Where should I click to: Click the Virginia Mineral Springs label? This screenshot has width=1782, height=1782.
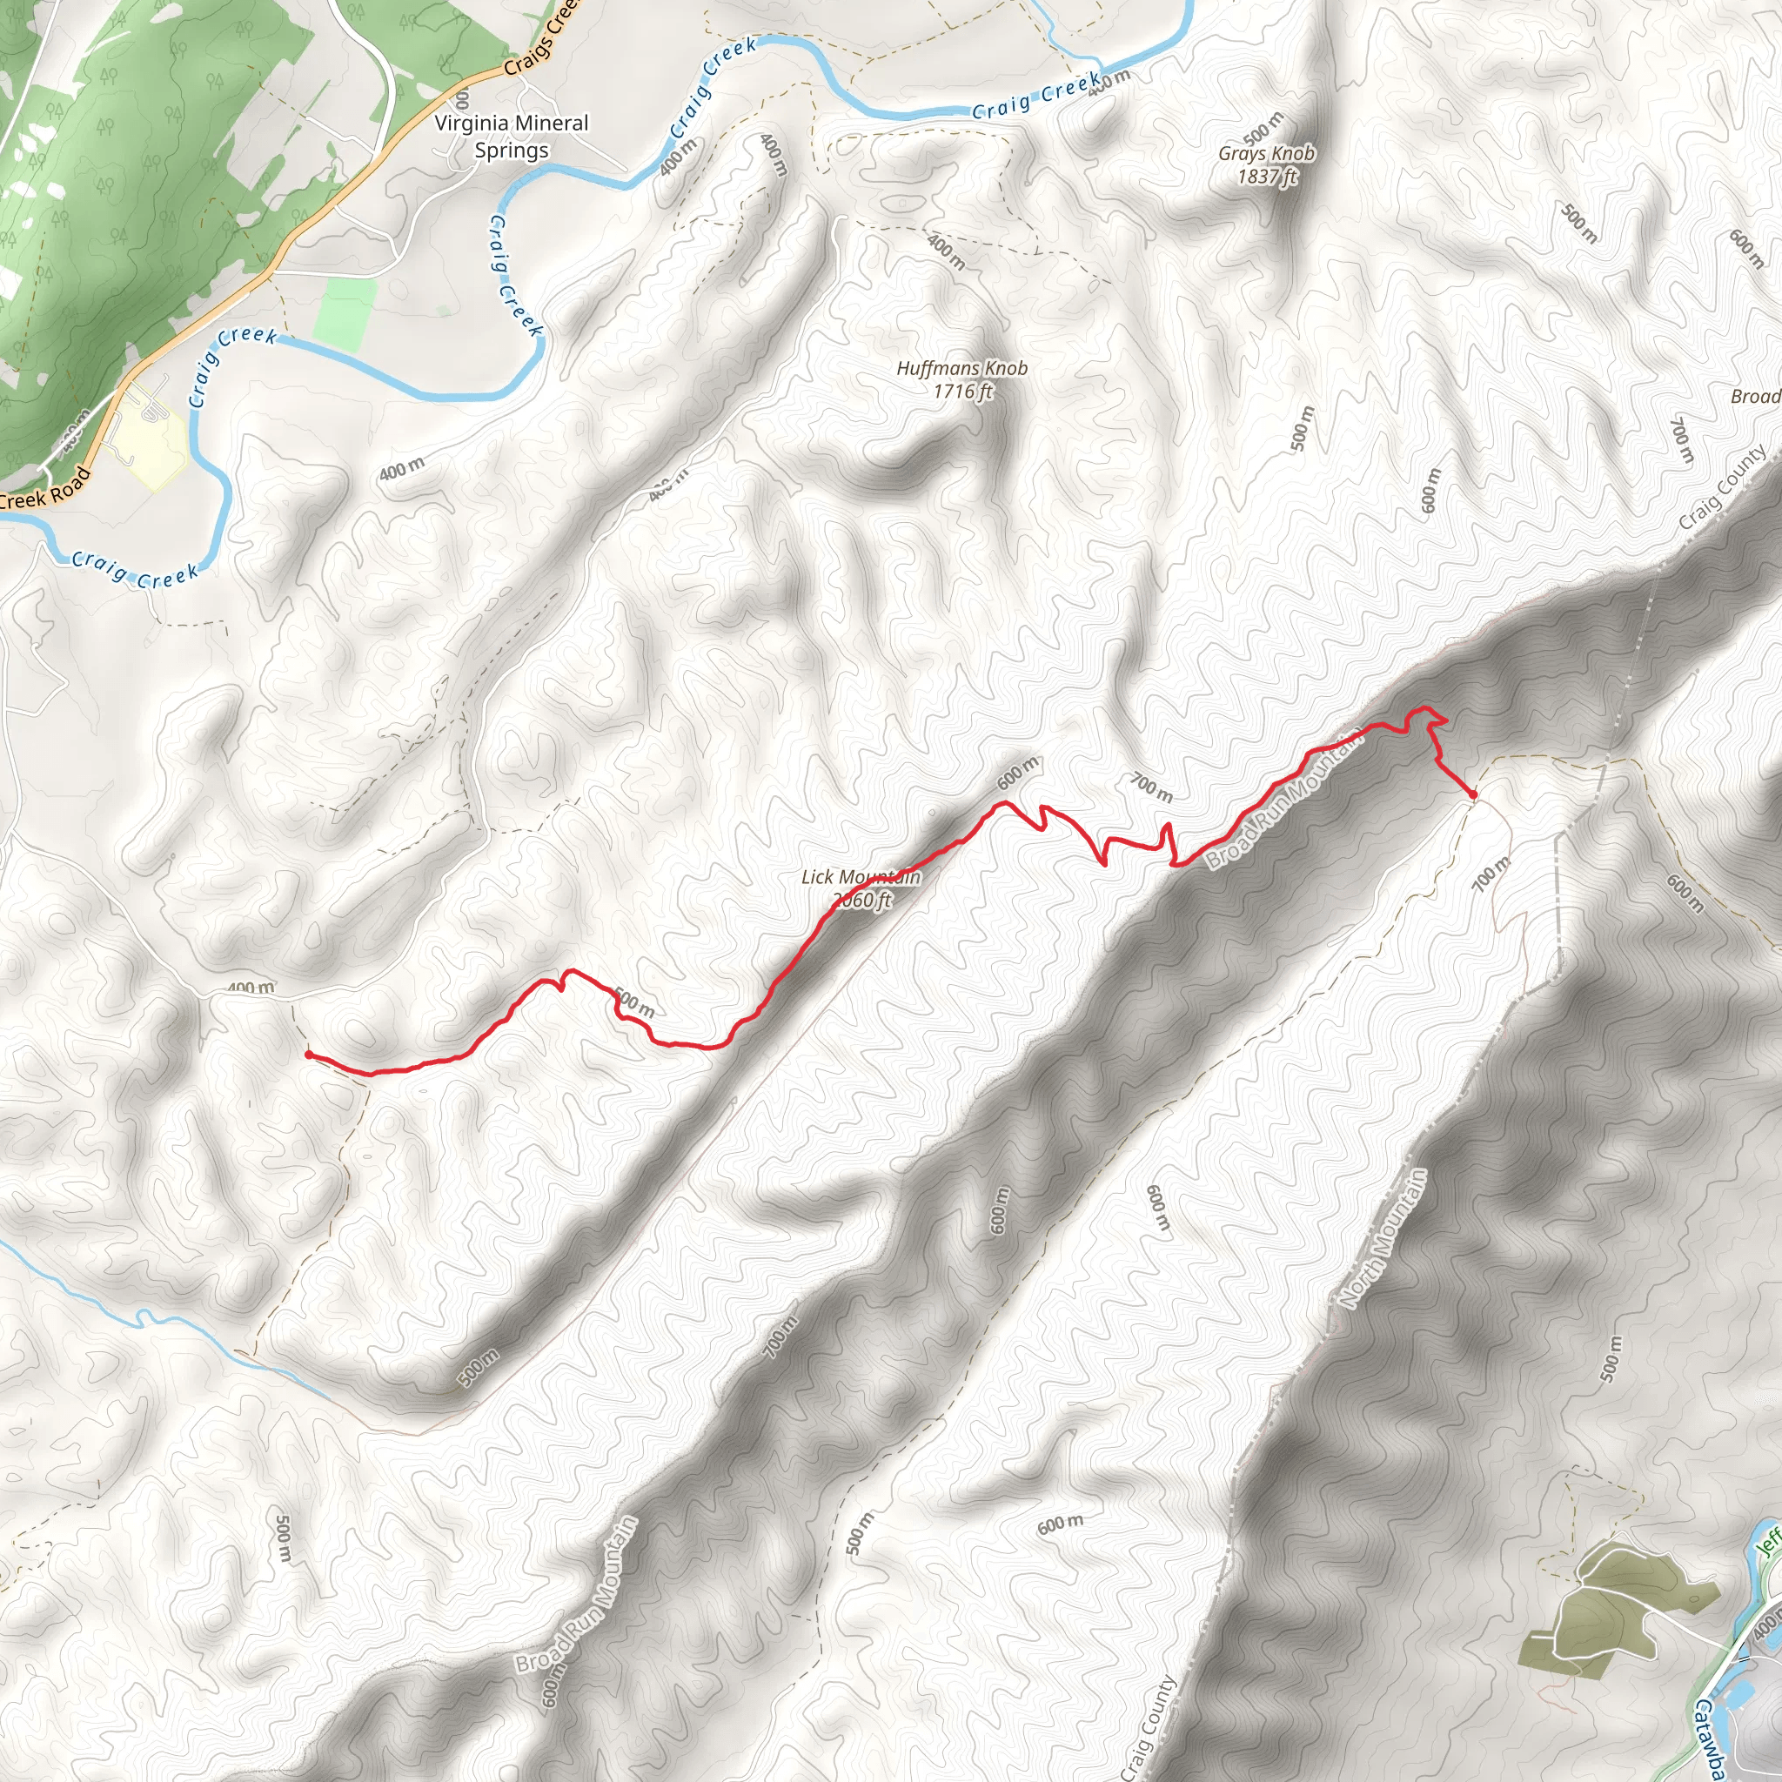click(x=511, y=137)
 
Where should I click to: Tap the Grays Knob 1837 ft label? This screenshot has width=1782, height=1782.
click(x=1266, y=164)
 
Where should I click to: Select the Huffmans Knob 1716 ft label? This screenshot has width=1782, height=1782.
click(x=962, y=379)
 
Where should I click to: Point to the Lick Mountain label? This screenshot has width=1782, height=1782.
click(x=861, y=877)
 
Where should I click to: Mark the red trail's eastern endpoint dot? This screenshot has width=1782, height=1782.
click(x=1473, y=794)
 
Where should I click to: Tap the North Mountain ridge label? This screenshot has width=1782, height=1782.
click(x=1383, y=1238)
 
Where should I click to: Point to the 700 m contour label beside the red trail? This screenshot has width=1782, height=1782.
click(x=1152, y=787)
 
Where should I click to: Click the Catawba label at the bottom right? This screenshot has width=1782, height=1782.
click(x=1709, y=1734)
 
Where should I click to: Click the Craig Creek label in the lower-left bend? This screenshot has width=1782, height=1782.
click(x=135, y=569)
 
